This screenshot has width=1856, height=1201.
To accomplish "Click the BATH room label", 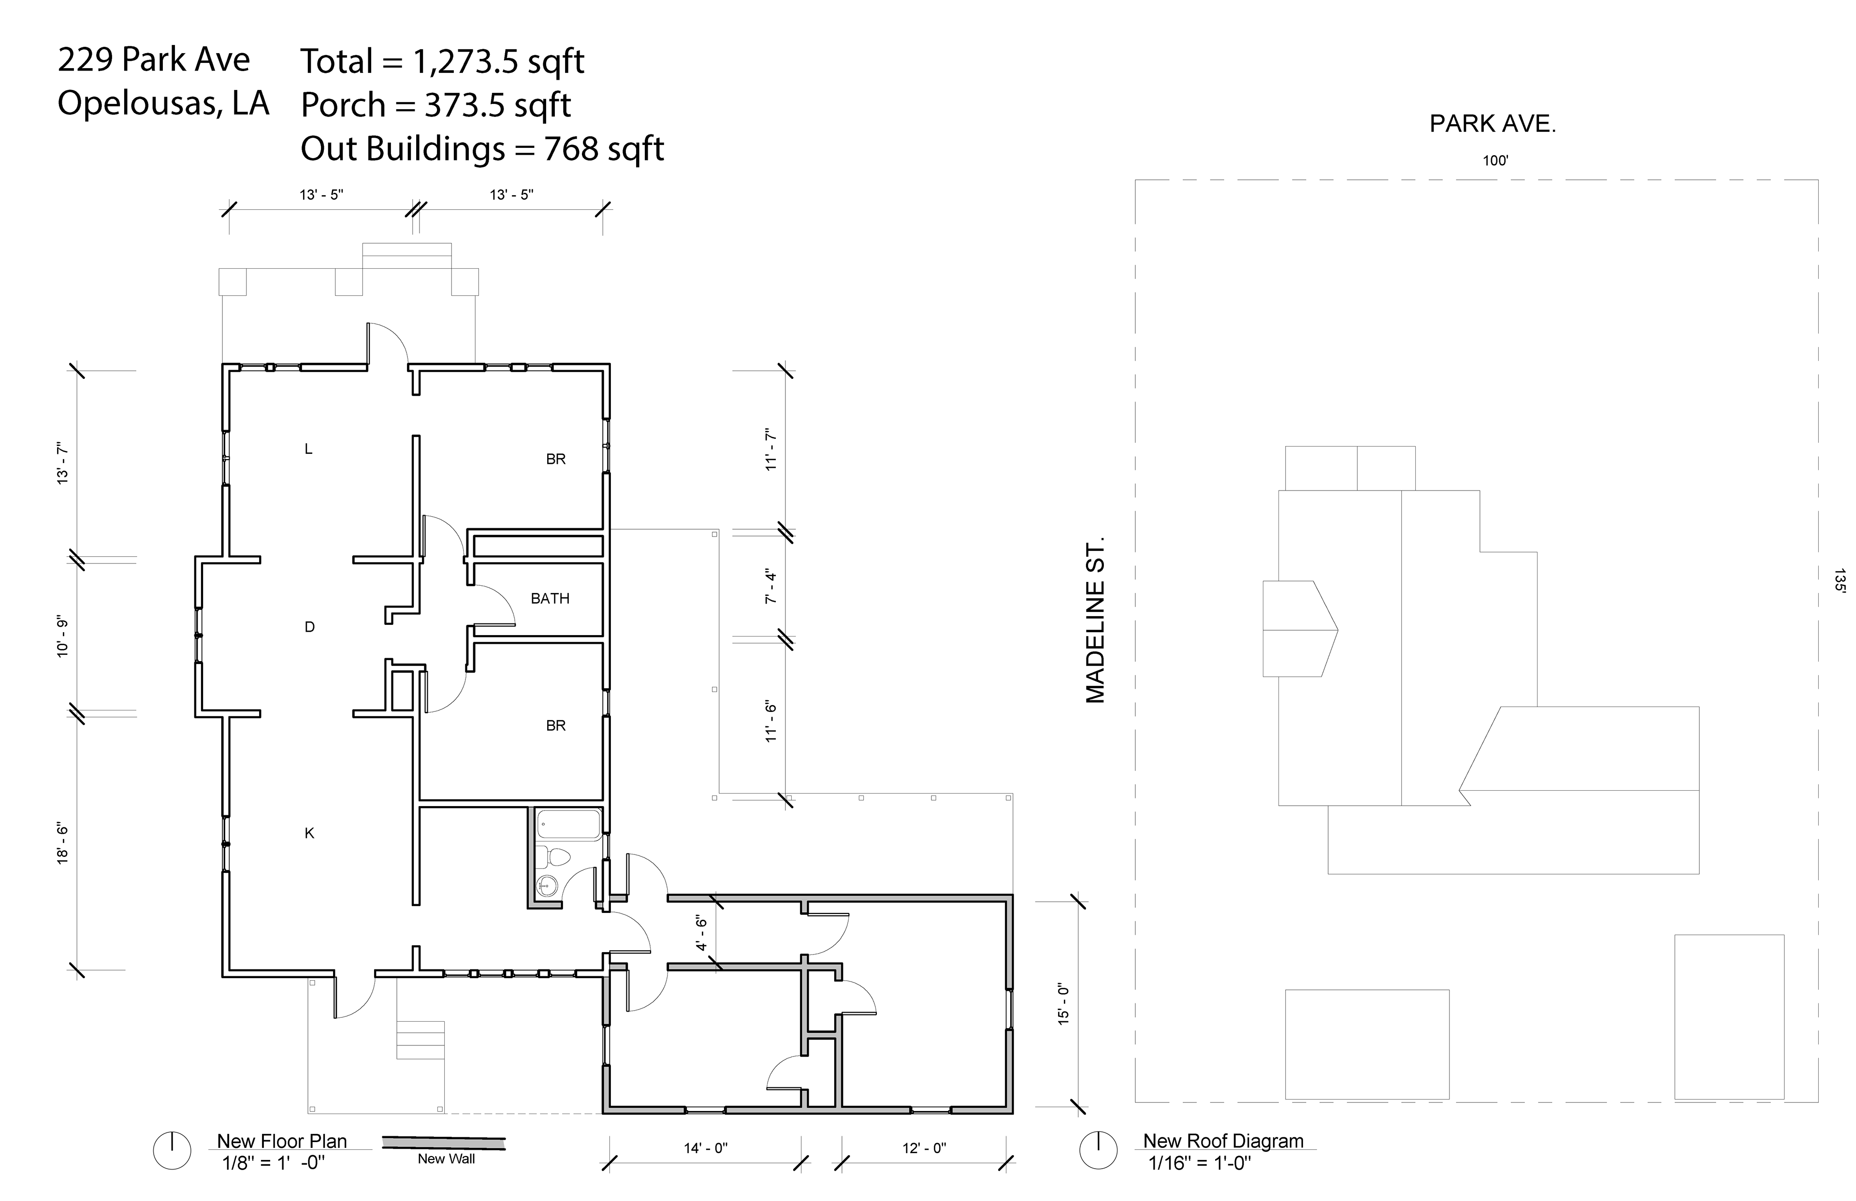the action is coord(550,599).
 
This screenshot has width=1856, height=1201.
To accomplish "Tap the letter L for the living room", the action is coord(309,449).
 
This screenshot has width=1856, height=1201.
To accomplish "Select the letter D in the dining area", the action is coord(310,627).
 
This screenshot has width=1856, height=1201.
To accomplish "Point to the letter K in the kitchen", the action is coord(310,834).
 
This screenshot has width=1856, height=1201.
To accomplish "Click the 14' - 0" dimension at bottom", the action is coord(706,1148).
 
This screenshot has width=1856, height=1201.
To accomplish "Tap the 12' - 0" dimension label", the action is coord(924,1148).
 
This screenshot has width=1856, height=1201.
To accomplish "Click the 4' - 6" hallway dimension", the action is coord(701,934).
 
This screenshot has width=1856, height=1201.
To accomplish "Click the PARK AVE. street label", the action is coord(1493,124).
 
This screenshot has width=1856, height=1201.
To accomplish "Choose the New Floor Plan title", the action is coord(281,1141).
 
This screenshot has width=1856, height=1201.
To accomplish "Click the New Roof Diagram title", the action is coord(1223,1141).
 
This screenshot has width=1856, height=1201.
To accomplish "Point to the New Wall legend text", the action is coord(446,1159).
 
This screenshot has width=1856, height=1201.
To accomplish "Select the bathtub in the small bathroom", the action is coord(568,825).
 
